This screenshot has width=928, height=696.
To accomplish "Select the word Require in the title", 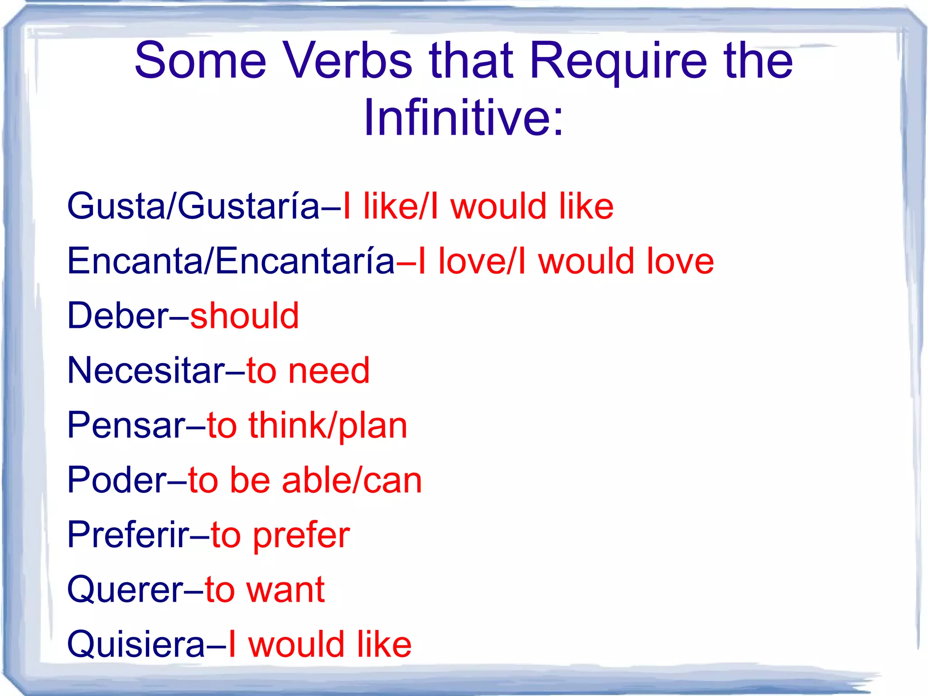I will [x=618, y=61].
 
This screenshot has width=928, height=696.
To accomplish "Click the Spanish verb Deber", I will [x=118, y=316].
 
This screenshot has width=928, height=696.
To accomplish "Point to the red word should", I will [x=245, y=316].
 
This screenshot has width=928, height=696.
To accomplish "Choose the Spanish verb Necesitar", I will [x=146, y=370].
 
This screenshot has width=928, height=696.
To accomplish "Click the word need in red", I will [x=329, y=370].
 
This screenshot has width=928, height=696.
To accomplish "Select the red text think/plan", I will [x=328, y=425].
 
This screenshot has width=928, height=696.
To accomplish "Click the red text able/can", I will [x=352, y=480].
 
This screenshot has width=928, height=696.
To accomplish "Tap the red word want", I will [x=285, y=590].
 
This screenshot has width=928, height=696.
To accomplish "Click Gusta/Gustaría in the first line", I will [x=193, y=206].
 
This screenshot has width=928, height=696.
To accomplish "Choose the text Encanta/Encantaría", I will [x=231, y=261].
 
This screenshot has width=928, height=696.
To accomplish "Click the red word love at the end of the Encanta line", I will [x=680, y=261].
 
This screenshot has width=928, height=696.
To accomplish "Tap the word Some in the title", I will [x=200, y=61].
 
